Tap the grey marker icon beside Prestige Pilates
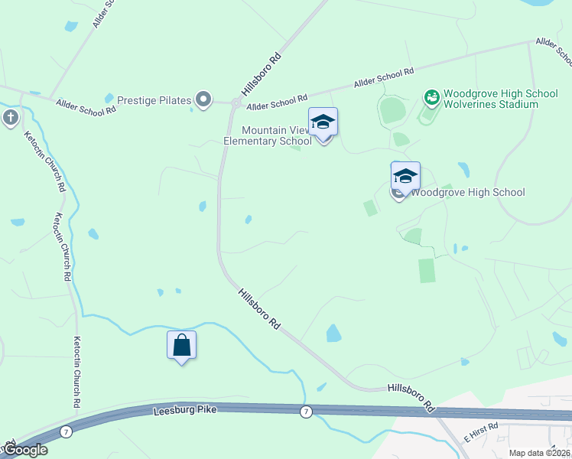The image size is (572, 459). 203,99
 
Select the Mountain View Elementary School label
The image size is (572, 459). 268,135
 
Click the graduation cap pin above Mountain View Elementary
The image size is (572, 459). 323,123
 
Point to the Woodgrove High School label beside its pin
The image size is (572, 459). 468,192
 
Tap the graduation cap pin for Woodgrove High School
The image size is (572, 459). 405,177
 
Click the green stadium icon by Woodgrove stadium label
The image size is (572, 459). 432,97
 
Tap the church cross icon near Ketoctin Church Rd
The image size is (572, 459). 10,118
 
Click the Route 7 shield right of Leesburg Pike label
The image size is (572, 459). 307,412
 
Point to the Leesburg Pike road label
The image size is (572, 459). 185,411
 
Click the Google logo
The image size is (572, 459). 24,450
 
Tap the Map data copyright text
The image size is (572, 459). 540,453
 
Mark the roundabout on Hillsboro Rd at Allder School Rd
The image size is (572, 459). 237,103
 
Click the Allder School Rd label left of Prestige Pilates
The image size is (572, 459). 86,105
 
